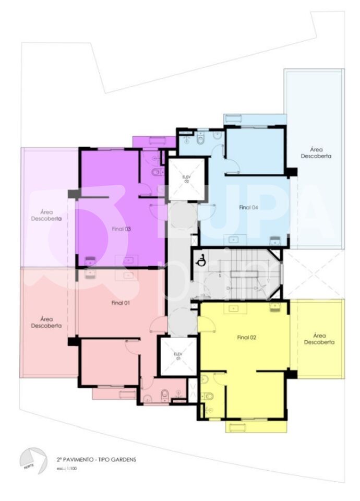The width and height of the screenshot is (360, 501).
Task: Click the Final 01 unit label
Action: [x=121, y=303]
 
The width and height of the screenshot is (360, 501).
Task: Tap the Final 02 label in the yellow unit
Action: [x=247, y=337]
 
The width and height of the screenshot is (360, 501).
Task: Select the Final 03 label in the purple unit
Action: [x=121, y=229]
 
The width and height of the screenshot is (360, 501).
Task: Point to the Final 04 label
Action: [x=248, y=207]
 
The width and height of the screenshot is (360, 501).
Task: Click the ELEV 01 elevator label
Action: [x=177, y=356]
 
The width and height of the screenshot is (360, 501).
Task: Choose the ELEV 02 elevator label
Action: [x=186, y=179]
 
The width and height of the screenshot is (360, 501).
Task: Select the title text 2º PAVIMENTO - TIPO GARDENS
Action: [x=96, y=459]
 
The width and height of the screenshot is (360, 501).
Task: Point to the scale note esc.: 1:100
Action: [x=67, y=469]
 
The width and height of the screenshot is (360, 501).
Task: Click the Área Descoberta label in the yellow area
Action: [x=319, y=339]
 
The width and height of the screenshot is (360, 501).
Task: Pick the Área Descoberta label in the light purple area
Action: [x=46, y=216]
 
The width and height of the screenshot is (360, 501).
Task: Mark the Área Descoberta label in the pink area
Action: [x=46, y=322]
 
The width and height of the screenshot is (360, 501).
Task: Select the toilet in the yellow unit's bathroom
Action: [x=209, y=396]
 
